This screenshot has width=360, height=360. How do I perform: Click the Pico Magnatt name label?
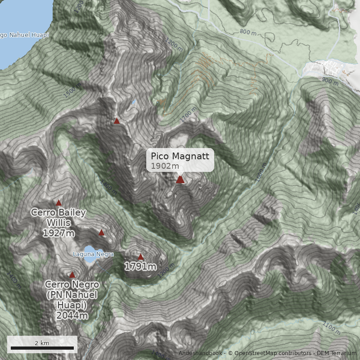pyautogui.click(x=180, y=156)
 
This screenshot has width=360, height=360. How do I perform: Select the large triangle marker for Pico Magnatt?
pyautogui.click(x=180, y=180)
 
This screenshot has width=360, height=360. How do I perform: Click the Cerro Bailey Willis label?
pyautogui.click(x=58, y=217)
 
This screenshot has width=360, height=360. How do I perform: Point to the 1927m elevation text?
pyautogui.click(x=59, y=233)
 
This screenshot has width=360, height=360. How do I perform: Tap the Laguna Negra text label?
pyautogui.click(x=93, y=254)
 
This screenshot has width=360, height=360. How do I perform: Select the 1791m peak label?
pyautogui.click(x=140, y=267)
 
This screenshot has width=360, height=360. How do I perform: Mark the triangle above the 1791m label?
pyautogui.click(x=140, y=257)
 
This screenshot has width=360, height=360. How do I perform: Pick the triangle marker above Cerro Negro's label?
pyautogui.click(x=72, y=274)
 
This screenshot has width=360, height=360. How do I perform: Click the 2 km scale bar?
pyautogui.click(x=42, y=347)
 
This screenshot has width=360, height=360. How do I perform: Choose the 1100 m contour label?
pyautogui.click(x=332, y=328)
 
